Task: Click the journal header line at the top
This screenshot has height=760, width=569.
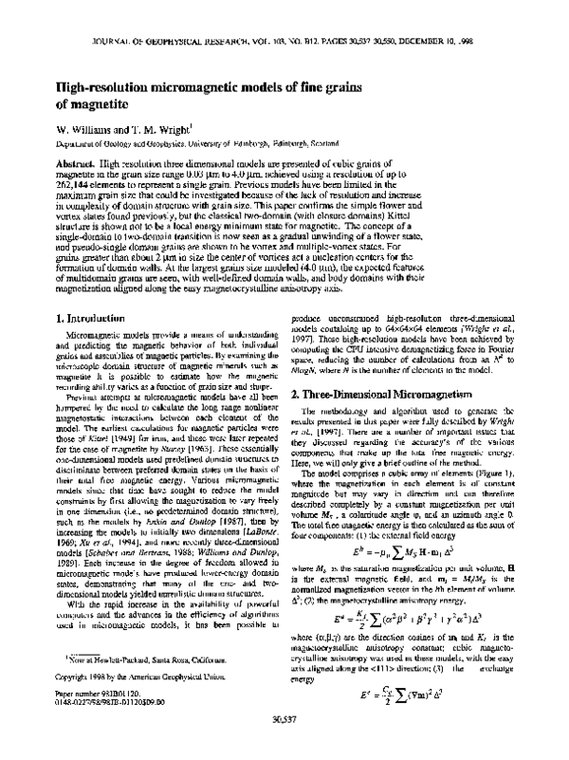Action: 284,43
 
